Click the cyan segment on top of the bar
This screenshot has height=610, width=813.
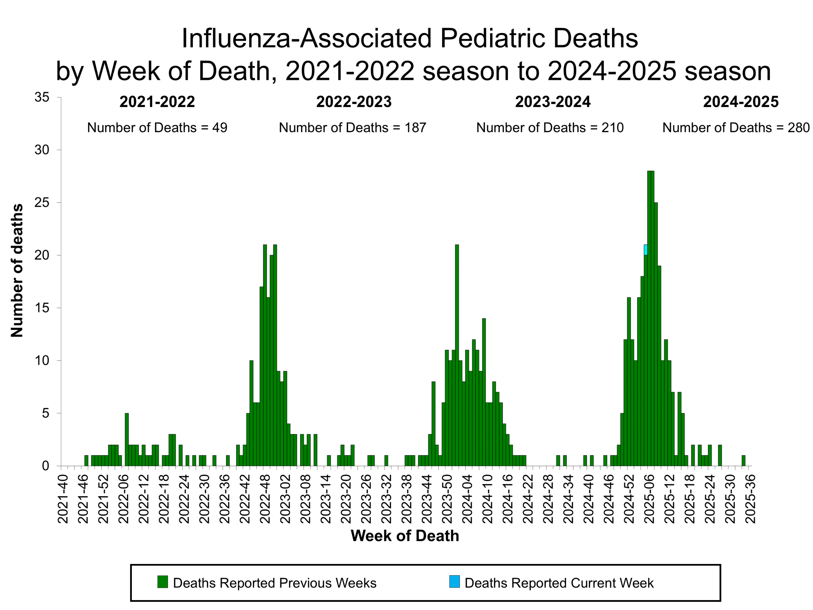(x=645, y=250)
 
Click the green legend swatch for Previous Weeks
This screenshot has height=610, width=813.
(x=163, y=582)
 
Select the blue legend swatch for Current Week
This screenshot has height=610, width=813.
(x=454, y=582)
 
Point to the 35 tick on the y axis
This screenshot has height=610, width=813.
(x=42, y=98)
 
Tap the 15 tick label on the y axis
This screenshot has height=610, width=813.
(x=42, y=308)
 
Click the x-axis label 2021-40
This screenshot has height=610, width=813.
(x=63, y=498)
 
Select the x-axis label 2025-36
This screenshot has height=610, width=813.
(x=750, y=498)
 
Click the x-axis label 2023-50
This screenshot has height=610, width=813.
(x=447, y=498)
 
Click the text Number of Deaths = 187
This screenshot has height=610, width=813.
(x=352, y=128)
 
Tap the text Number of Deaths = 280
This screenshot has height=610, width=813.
(x=736, y=128)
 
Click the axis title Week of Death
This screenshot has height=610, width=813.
(x=405, y=536)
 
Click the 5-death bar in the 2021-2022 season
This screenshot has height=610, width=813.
(x=127, y=439)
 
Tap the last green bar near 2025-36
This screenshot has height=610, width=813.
(x=743, y=461)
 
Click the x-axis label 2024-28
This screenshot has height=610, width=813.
(x=548, y=498)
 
